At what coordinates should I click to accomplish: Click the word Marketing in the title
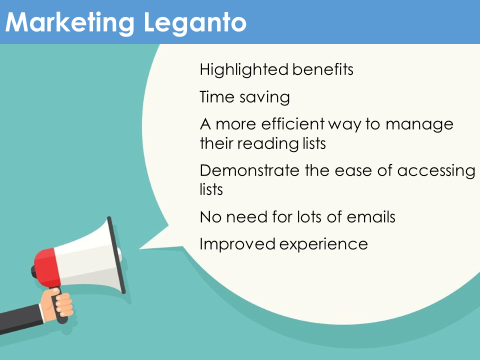click(x=70, y=23)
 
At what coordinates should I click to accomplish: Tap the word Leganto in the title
click(x=195, y=23)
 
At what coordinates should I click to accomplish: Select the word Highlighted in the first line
click(x=244, y=70)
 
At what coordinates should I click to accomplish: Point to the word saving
click(x=265, y=98)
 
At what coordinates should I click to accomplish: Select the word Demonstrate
click(x=249, y=170)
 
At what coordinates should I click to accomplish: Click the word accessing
click(x=436, y=171)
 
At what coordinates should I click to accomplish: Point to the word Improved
click(x=237, y=244)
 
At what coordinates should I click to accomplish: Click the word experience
click(x=323, y=245)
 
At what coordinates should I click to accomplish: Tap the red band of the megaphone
click(x=46, y=268)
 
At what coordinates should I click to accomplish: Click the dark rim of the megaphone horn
click(x=116, y=255)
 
